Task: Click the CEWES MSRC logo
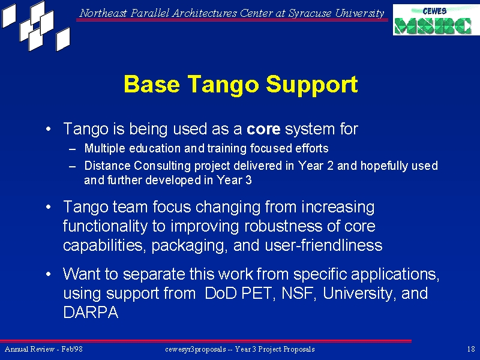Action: pos(436,20)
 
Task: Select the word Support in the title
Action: pos(311,85)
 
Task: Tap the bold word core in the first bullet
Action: pos(263,129)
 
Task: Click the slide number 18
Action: pos(471,349)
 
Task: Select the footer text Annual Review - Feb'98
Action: pos(44,349)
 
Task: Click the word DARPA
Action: pos(91,313)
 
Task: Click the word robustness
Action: pos(283,226)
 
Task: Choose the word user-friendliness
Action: pos(323,245)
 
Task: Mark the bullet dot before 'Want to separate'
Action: pos(48,274)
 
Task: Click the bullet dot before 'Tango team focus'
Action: pos(48,207)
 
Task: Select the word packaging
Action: pos(190,246)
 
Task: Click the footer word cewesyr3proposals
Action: pos(196,349)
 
